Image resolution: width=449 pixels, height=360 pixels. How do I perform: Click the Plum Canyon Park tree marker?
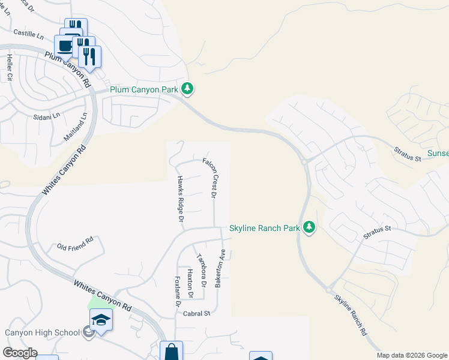[188, 89]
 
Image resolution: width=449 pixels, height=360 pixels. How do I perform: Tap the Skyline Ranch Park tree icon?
[309, 227]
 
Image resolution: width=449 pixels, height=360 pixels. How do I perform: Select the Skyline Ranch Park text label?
[264, 228]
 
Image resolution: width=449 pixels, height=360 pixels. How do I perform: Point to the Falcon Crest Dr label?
[209, 178]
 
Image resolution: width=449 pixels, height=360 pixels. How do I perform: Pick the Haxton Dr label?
[190, 283]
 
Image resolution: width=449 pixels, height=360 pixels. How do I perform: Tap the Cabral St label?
[197, 313]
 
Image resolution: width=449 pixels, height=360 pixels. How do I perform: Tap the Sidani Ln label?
[46, 115]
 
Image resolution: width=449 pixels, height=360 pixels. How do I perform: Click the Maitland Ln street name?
[76, 128]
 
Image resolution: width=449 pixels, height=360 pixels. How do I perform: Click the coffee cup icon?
[65, 46]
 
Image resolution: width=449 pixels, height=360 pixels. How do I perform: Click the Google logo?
[20, 353]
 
